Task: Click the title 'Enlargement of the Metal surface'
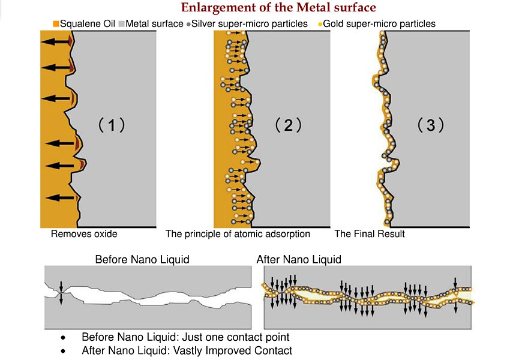(278, 8)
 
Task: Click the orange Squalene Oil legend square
(56, 24)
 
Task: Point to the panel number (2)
(288, 125)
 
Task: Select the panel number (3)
(431, 125)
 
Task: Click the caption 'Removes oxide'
(84, 234)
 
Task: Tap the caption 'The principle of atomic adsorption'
(238, 234)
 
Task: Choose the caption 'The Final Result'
(370, 234)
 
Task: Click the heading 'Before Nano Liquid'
(142, 260)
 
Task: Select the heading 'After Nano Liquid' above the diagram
(299, 260)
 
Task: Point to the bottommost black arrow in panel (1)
(60, 197)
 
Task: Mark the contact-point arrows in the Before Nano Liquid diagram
(61, 292)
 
